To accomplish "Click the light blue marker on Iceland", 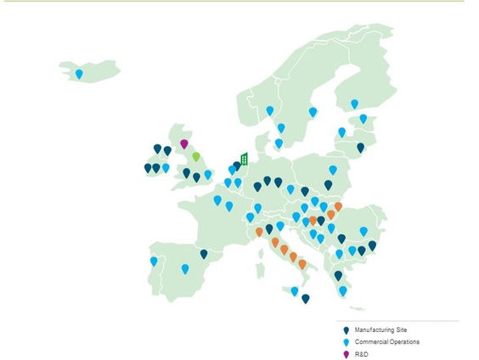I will click(79, 74).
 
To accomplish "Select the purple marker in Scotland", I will click(183, 143).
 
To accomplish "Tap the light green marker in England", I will click(196, 156).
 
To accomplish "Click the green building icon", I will click(244, 159).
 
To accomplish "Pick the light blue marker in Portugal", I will click(154, 261).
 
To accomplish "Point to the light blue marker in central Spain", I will click(185, 268).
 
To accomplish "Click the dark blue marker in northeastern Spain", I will click(204, 253).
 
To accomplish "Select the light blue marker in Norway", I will click(270, 110).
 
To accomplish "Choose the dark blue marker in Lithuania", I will click(361, 148).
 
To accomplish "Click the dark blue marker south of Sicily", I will click(306, 298).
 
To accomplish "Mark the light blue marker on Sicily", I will click(295, 291).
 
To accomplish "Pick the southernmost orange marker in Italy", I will click(302, 264).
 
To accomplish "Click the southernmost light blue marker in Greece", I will click(343, 290).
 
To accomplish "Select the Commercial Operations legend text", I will click(386, 342).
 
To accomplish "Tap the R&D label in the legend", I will click(363, 355).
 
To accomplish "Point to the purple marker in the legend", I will click(345, 355).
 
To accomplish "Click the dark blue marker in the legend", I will click(345, 329).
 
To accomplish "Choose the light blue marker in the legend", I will click(345, 342).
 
